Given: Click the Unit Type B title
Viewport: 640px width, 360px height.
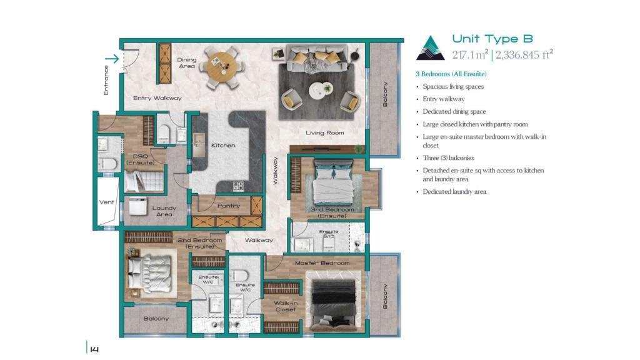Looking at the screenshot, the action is (492, 39).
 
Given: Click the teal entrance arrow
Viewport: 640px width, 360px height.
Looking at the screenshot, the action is (111, 59).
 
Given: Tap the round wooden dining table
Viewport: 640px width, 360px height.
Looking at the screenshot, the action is (221, 66).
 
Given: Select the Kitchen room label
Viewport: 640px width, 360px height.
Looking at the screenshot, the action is (223, 145).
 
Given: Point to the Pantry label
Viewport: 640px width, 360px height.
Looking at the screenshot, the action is (229, 206).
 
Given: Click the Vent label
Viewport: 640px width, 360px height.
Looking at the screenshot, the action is (106, 202).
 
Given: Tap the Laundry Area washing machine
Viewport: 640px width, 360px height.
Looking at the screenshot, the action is (138, 206).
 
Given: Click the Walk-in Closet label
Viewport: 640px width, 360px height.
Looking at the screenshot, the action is (286, 306).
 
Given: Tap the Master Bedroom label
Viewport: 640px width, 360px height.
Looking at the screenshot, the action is (322, 263).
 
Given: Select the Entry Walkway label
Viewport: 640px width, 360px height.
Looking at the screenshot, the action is (157, 98).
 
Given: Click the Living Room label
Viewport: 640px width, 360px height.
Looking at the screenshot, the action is (324, 132).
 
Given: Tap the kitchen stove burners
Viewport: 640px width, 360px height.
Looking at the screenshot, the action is (238, 186).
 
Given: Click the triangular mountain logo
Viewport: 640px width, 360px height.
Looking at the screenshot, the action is (430, 48).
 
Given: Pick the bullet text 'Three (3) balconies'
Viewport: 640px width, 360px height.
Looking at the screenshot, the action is (448, 158).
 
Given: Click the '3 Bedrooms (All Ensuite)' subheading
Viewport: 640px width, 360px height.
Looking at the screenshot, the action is (451, 74).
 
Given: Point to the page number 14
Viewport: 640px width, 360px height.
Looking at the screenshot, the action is (94, 349).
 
